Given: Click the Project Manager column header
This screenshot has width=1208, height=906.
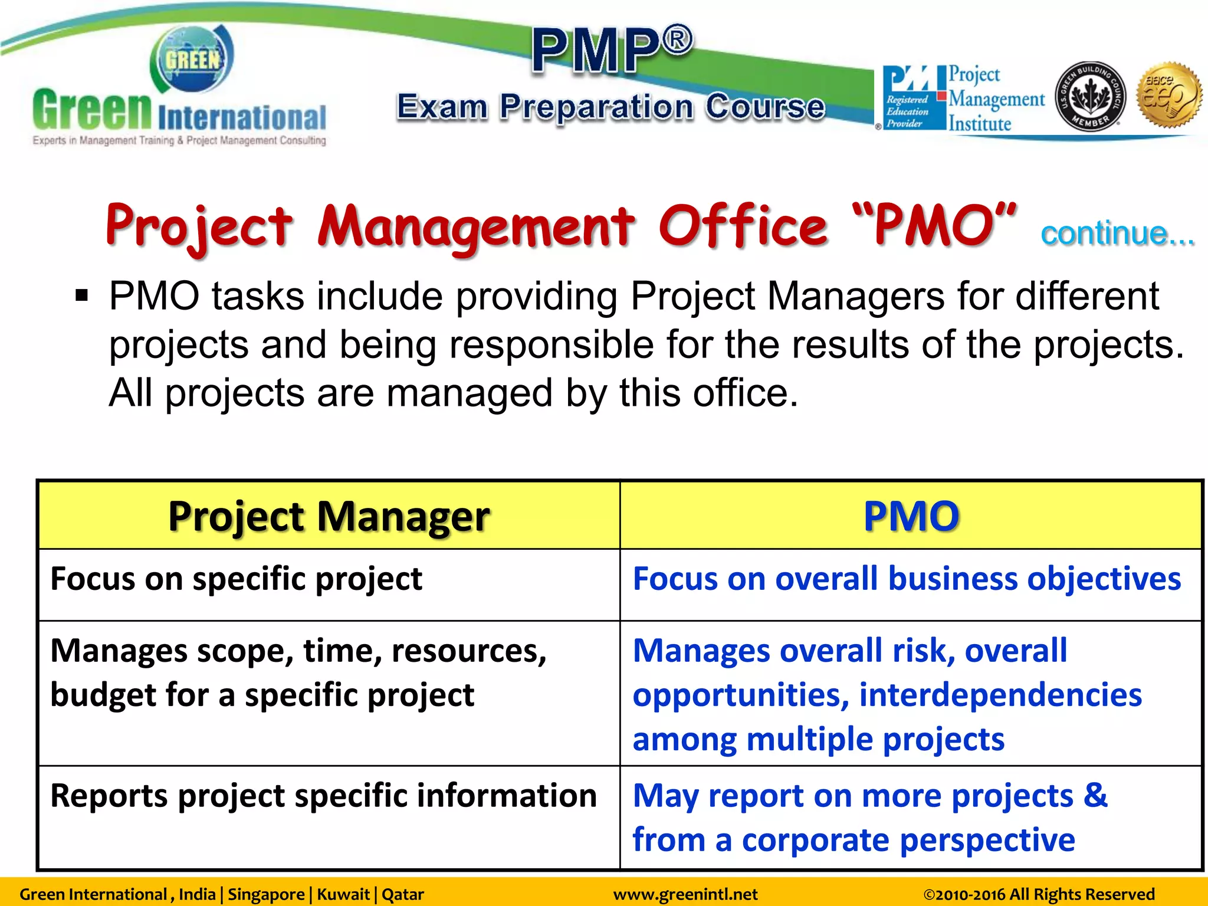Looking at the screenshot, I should click(x=329, y=516).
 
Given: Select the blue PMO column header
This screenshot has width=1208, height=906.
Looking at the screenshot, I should click(x=911, y=516).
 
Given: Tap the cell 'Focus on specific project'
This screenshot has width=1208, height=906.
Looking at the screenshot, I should click(x=236, y=579).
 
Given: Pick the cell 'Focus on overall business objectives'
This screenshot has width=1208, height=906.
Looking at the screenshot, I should click(x=907, y=579).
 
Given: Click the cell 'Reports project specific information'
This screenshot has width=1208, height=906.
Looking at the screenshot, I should click(x=323, y=796).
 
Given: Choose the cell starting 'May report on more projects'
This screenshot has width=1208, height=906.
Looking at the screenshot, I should click(x=870, y=818).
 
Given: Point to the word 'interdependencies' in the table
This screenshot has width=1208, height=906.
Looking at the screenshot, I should click(x=1000, y=695).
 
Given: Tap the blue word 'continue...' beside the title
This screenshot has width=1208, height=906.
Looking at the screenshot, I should click(x=1117, y=234).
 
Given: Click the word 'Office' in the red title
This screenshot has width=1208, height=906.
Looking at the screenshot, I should click(x=743, y=226).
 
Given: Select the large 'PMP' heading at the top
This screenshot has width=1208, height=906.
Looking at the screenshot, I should click(x=612, y=50).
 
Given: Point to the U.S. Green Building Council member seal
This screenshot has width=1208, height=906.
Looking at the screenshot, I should click(x=1090, y=97).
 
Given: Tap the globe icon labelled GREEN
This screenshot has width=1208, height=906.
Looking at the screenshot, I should click(x=192, y=60).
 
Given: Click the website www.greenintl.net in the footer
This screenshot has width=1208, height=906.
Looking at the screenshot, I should click(x=685, y=894).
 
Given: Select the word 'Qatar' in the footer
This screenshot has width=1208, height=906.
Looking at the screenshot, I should click(x=403, y=894).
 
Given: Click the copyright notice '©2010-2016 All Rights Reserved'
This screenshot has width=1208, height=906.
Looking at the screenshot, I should click(x=1039, y=894).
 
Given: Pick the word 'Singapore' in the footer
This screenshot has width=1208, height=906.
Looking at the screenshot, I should click(x=266, y=894).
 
